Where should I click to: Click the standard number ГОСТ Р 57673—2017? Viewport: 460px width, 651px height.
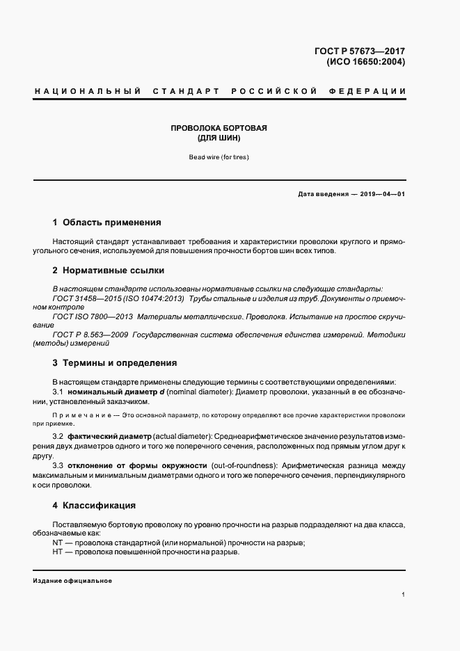[360, 51]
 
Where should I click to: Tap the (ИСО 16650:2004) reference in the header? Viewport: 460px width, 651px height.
[365, 62]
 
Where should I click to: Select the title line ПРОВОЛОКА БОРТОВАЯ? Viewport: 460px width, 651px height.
[219, 128]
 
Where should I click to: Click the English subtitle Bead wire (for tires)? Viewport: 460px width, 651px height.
[219, 157]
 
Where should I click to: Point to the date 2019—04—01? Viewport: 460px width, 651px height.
[383, 194]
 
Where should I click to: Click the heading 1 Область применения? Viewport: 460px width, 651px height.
[106, 223]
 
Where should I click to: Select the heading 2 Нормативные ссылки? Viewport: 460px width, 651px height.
[108, 270]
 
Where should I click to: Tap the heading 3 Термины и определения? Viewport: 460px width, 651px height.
[114, 362]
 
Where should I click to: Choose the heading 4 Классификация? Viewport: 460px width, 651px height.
[93, 505]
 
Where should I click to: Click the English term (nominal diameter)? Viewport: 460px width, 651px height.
[198, 392]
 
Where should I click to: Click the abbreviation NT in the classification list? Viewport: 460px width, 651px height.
[58, 542]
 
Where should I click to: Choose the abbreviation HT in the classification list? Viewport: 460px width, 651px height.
[58, 552]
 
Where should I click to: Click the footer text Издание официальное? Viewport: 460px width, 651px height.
[72, 581]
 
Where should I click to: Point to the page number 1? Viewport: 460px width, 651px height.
[403, 595]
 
